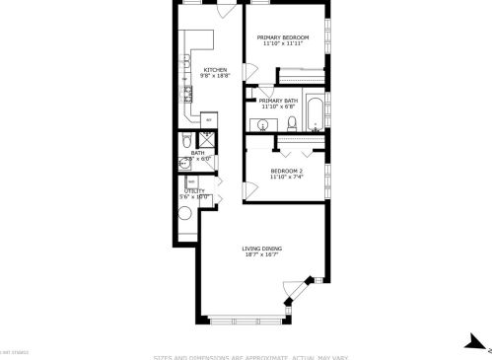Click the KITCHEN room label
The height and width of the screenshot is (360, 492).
[x=216, y=69]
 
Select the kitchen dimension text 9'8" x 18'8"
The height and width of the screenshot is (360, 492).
[x=216, y=75]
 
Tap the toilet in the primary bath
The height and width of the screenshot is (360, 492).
[x=293, y=123]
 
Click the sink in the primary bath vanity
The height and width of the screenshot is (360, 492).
[x=263, y=123]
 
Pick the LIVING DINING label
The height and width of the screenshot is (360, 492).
[x=262, y=249]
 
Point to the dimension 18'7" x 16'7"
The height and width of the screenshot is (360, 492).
[x=262, y=254]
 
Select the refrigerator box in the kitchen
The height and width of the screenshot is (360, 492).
[x=207, y=120]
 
